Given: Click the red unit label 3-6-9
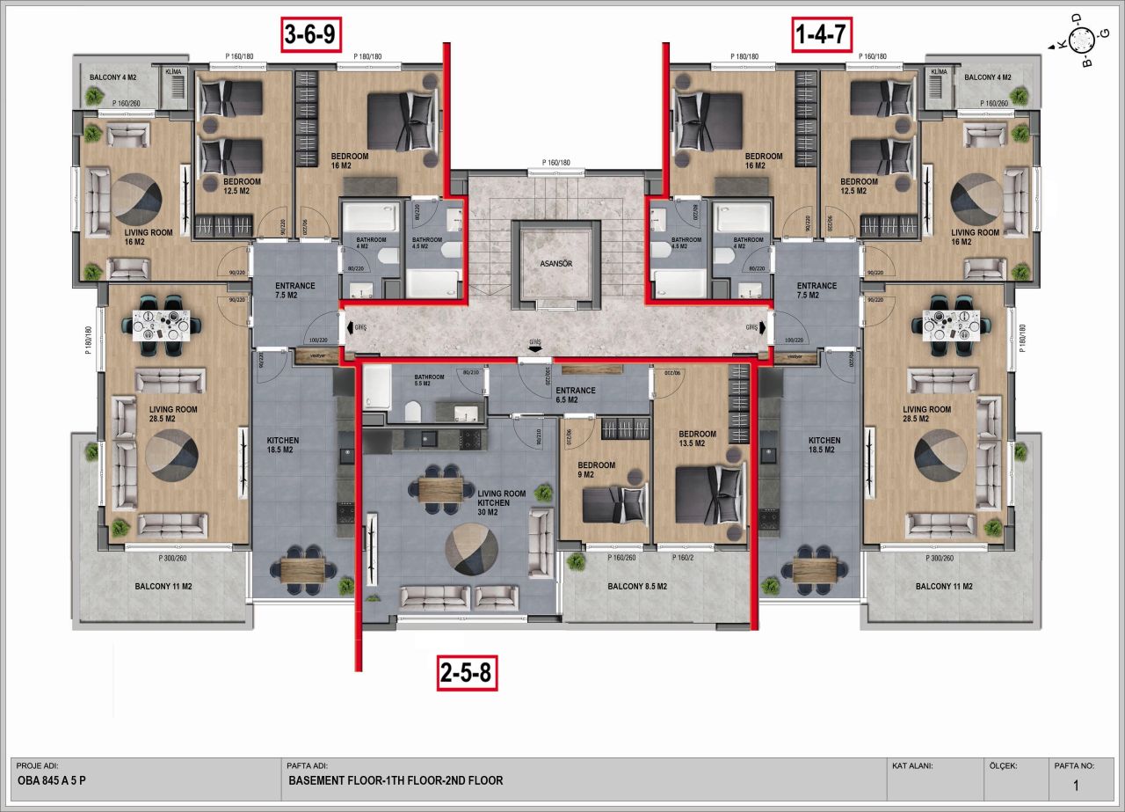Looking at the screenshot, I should pyautogui.click(x=310, y=35).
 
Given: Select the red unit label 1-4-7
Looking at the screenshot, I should pyautogui.click(x=821, y=35).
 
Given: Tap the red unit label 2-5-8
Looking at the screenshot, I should pyautogui.click(x=466, y=675).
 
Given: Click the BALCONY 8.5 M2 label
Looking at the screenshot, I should pyautogui.click(x=637, y=586).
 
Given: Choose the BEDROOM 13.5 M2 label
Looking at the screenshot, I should pyautogui.click(x=697, y=439).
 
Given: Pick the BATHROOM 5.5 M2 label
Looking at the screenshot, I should pyautogui.click(x=431, y=381).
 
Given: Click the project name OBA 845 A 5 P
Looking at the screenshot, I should pyautogui.click(x=52, y=779).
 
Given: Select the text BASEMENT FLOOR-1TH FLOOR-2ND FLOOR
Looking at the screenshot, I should pyautogui.click(x=396, y=779).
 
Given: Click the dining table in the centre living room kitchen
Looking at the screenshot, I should pyautogui.click(x=440, y=488).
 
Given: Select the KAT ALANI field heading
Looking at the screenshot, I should pyautogui.click(x=912, y=765).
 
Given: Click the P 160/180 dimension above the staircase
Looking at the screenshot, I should pyautogui.click(x=556, y=162).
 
